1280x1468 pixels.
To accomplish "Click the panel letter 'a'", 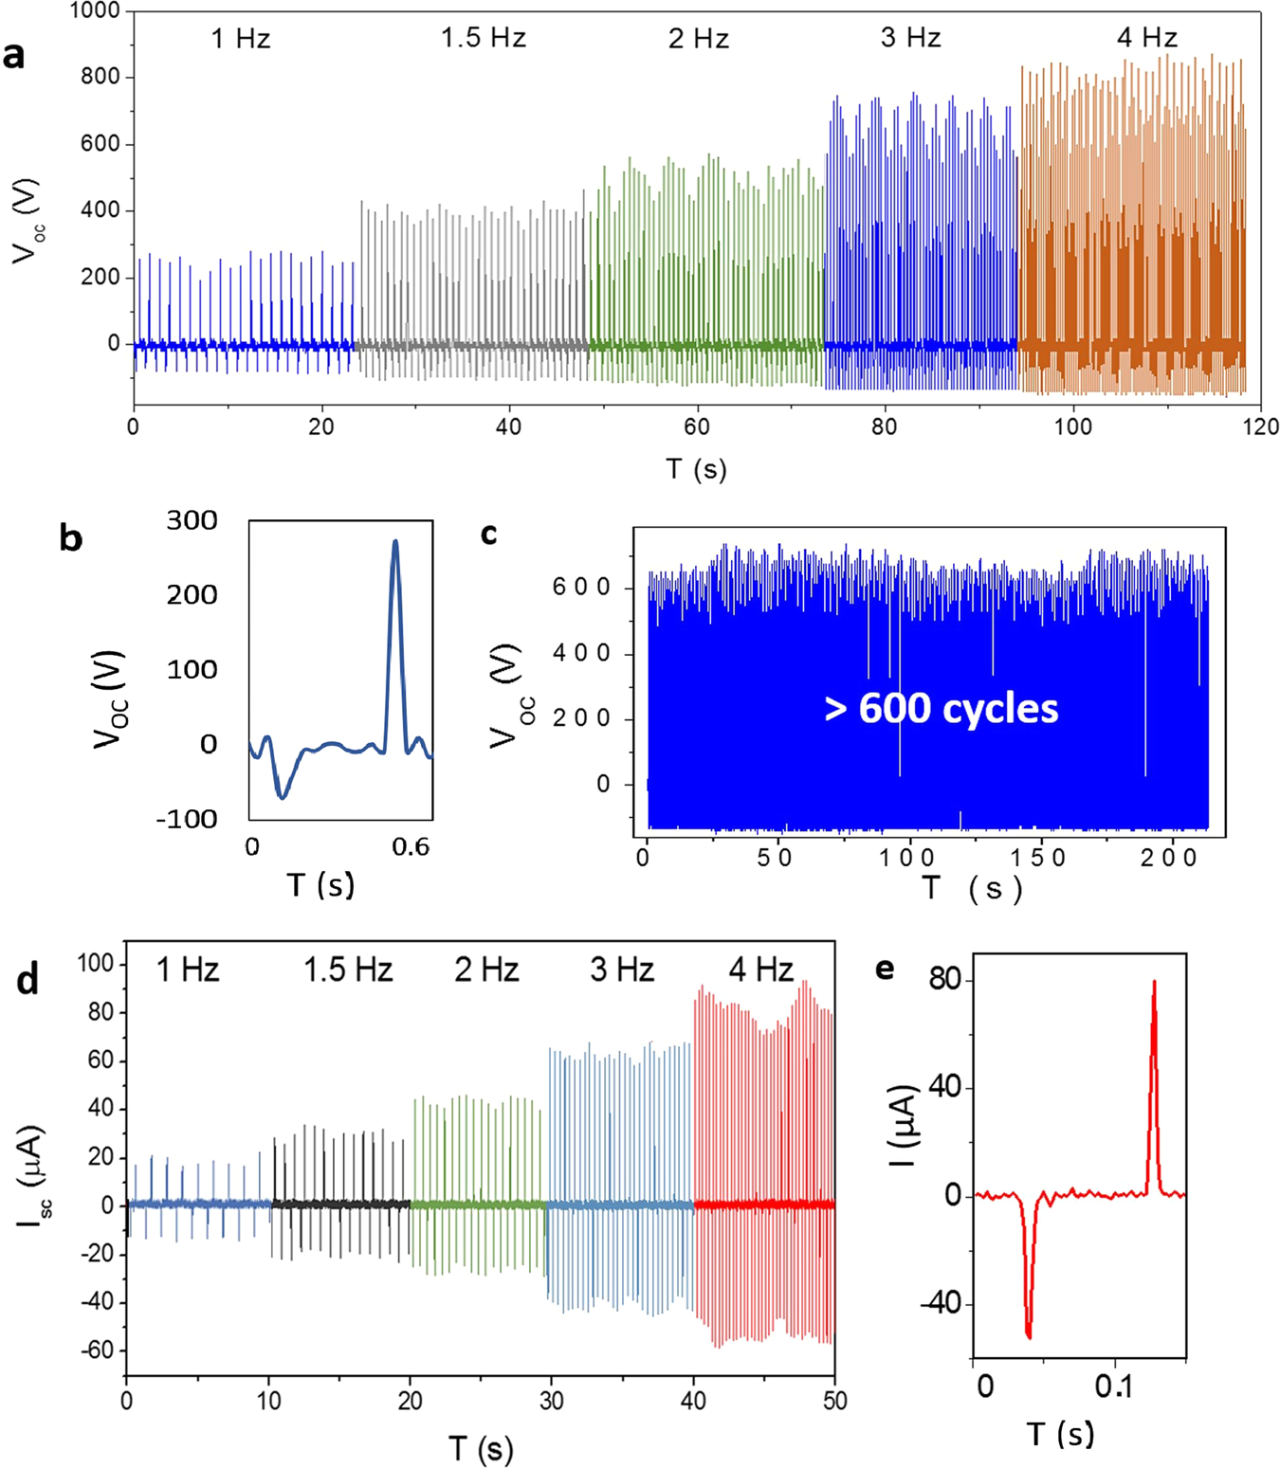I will [14, 56].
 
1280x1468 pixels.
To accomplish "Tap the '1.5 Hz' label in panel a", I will [483, 38].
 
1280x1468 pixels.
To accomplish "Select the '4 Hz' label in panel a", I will [1146, 38].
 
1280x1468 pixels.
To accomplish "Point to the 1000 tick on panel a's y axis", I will [95, 11].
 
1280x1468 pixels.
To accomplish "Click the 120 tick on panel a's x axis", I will [1260, 427].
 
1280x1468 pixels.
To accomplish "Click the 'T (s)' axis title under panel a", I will [696, 469].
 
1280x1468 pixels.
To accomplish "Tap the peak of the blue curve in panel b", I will [395, 542].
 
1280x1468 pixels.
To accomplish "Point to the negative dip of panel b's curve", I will [282, 797].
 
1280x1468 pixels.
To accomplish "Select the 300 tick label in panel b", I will [192, 520].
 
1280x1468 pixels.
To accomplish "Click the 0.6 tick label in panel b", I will [411, 847].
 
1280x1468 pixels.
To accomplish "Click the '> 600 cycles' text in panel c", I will [941, 709].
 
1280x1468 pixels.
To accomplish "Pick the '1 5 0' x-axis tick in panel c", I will [1038, 859].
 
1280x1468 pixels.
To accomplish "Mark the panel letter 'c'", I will [489, 535].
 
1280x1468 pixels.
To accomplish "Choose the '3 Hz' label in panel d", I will [622, 970].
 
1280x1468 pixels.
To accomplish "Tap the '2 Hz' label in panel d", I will [486, 970].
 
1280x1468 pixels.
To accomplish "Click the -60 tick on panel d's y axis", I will [96, 1350].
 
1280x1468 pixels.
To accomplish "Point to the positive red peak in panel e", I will [1154, 983].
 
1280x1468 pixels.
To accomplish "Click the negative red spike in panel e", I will [1029, 1335].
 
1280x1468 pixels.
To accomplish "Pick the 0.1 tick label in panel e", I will [1114, 1386].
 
